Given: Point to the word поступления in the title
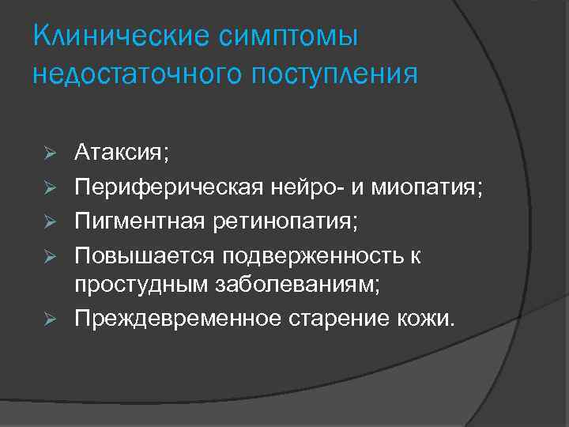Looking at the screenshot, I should point(333,75).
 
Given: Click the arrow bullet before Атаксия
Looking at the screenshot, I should point(48,153).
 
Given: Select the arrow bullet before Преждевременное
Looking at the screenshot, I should point(48,319).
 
